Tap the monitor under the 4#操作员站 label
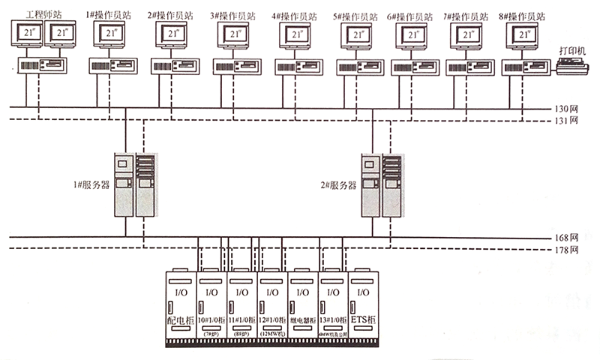pyautogui.click(x=297, y=34)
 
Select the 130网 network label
pyautogui.click(x=569, y=108)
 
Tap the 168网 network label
pyautogui.click(x=569, y=237)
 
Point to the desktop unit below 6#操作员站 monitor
pyautogui.click(x=412, y=66)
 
